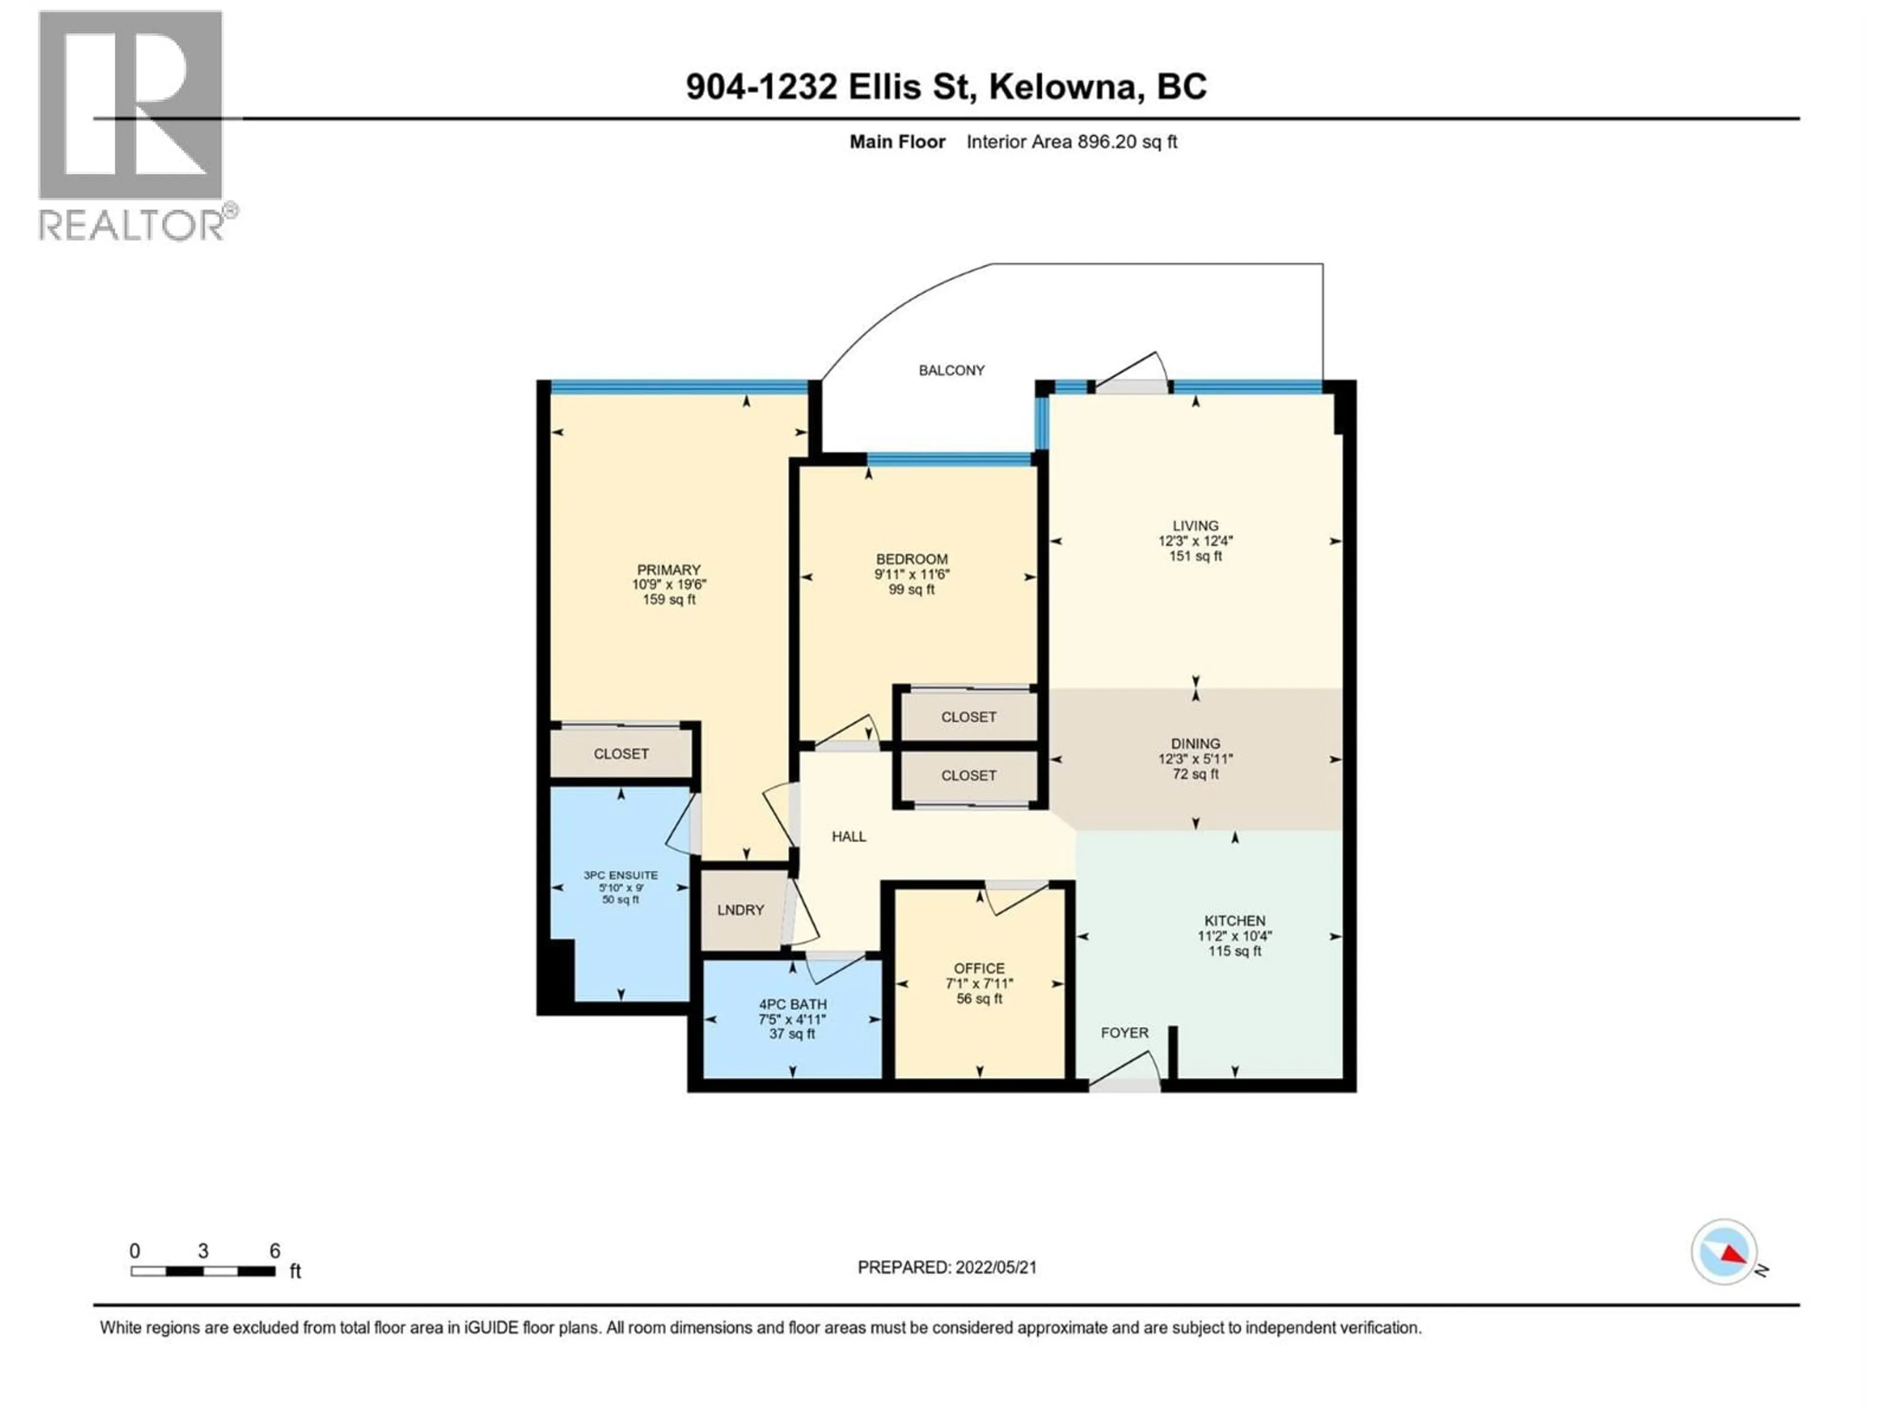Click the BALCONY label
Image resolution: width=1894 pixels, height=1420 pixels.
951,371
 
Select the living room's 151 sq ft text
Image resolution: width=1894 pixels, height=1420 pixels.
1195,556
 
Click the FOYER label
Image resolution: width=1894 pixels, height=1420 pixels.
1124,1033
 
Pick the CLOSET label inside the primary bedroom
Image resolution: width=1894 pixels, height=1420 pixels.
621,754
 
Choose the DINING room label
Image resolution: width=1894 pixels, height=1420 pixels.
1195,745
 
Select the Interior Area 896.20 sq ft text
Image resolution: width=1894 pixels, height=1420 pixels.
1071,142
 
